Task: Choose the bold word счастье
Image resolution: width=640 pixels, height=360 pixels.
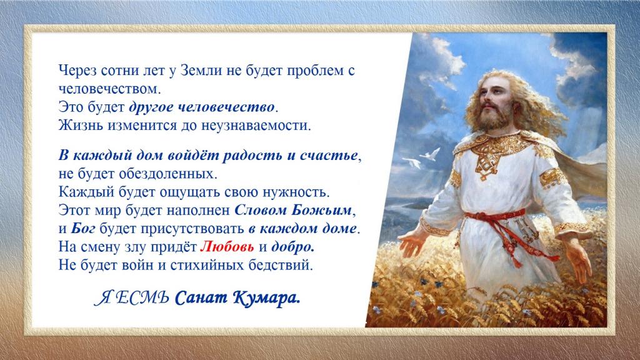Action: click(329, 156)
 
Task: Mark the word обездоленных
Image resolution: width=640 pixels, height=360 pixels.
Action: click(167, 174)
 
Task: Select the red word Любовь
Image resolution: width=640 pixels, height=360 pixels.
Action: click(227, 246)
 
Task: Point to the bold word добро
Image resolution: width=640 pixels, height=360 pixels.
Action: click(292, 247)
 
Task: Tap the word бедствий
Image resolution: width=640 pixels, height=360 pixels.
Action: click(281, 265)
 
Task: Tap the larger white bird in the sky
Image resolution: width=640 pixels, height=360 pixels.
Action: click(430, 154)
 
